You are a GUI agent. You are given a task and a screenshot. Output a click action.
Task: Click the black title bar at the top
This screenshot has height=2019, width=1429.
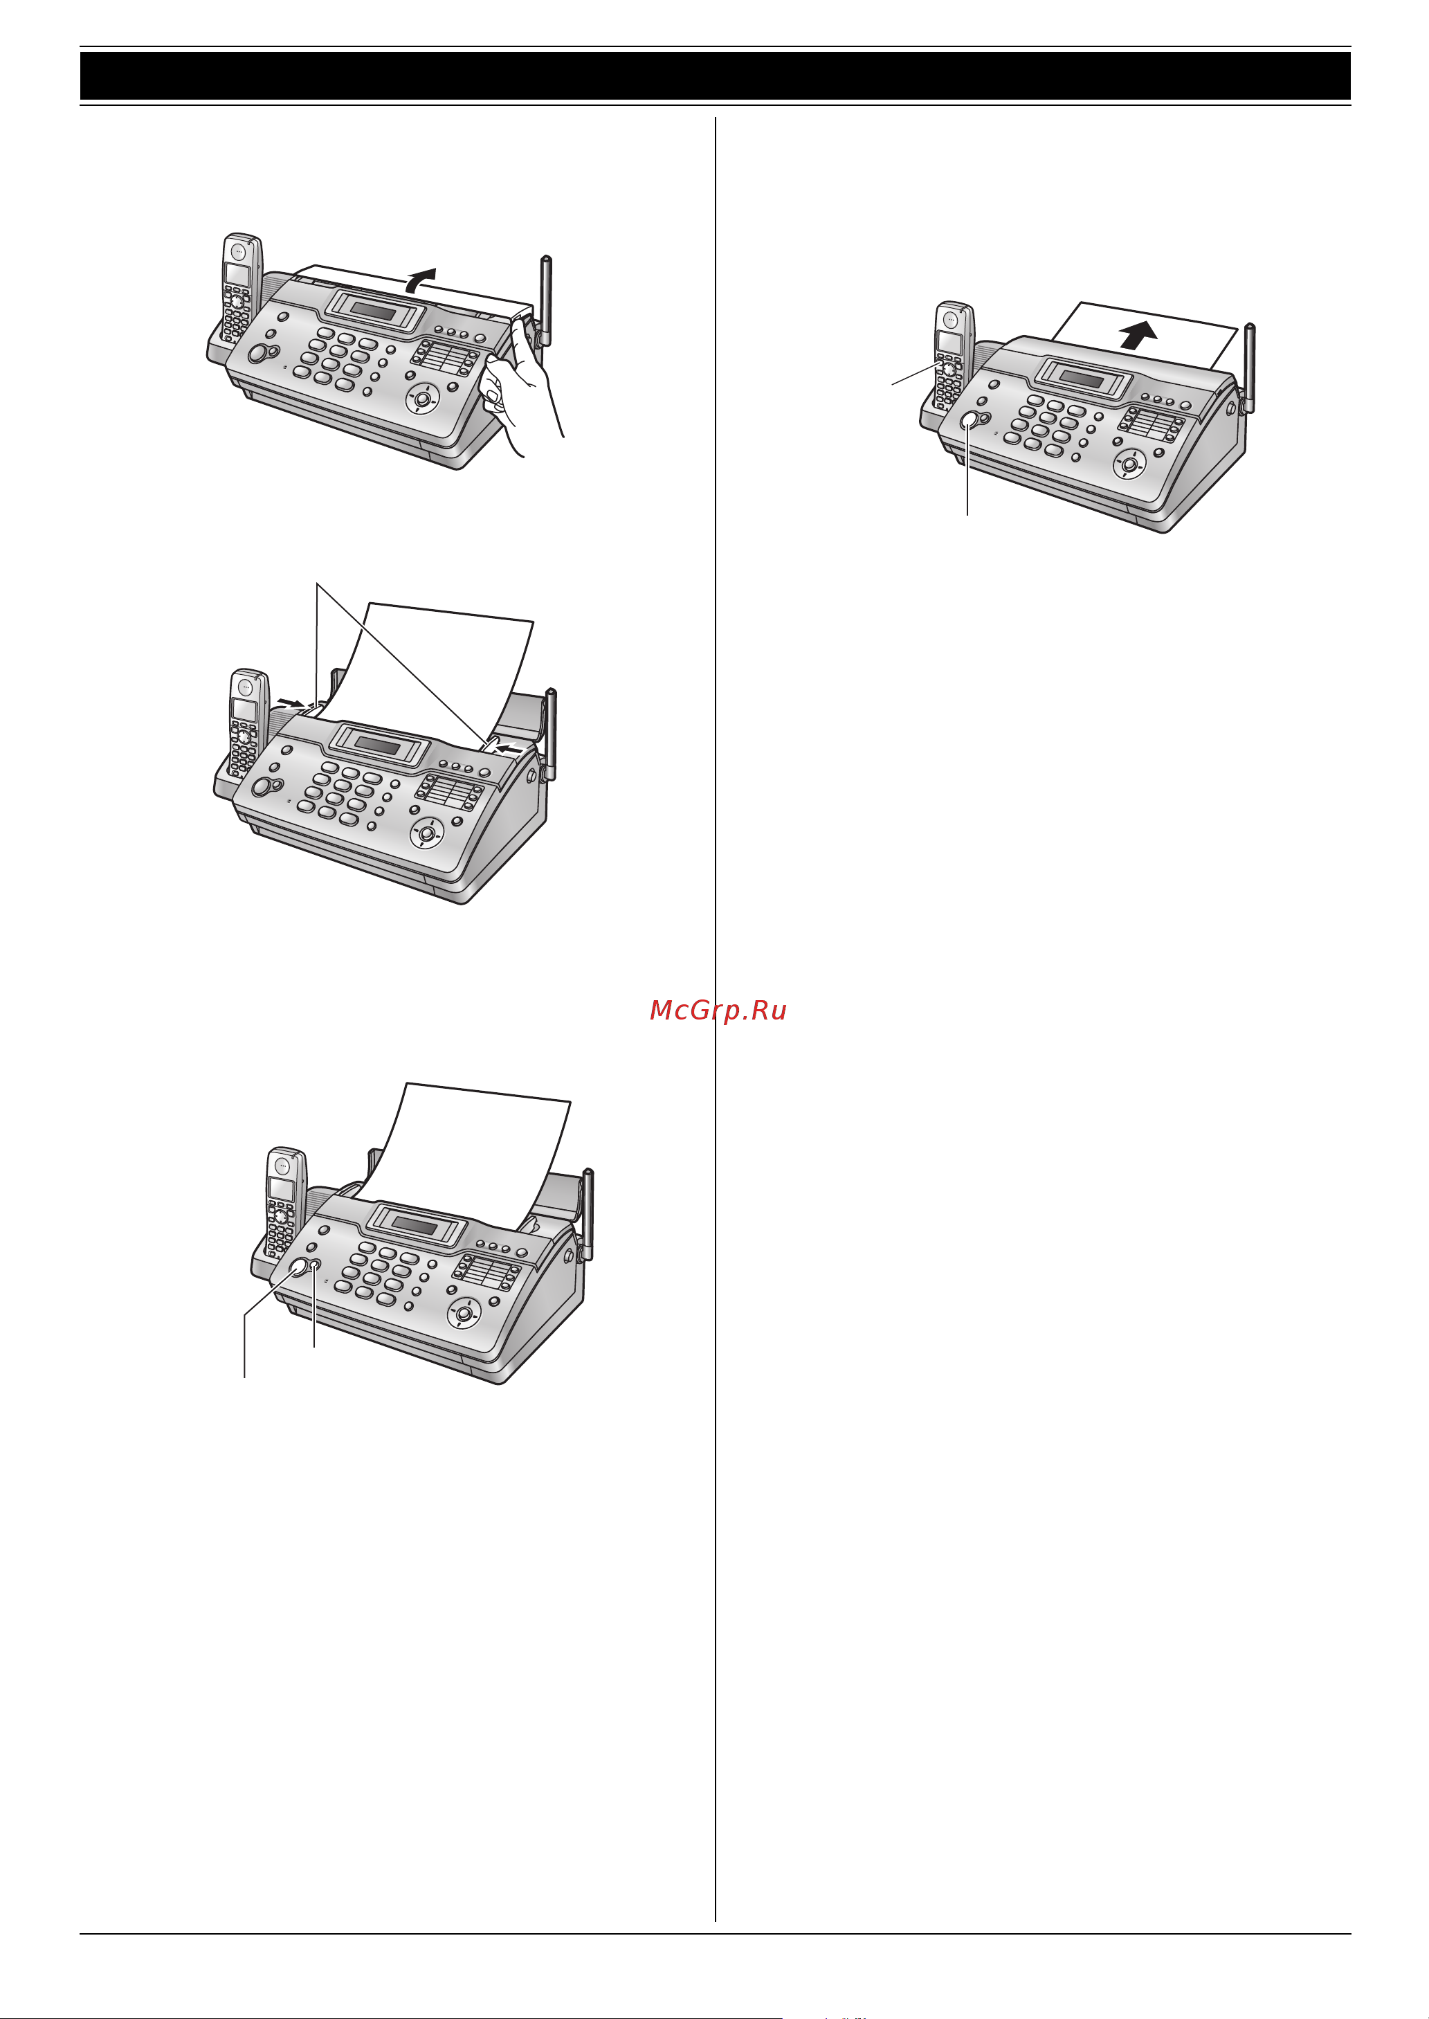pos(714,75)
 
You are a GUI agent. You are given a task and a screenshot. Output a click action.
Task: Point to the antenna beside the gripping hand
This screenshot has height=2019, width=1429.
pos(545,301)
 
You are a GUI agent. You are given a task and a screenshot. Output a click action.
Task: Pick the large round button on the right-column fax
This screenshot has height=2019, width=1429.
pos(970,421)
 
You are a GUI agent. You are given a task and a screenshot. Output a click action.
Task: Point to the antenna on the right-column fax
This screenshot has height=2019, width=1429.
pos(1248,369)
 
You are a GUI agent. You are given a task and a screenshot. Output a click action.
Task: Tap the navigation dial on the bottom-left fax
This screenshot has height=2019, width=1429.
pos(464,1315)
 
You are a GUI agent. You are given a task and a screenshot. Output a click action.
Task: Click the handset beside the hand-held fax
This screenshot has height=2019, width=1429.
pos(240,287)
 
